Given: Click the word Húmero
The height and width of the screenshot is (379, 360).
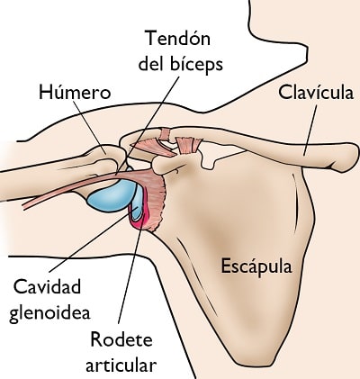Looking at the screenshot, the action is click(75, 92).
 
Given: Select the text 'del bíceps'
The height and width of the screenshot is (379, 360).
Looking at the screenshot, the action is click(180, 64).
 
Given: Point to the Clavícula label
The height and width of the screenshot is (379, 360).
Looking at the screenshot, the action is click(316, 92).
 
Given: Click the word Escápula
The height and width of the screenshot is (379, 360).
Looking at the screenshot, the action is click(256, 266).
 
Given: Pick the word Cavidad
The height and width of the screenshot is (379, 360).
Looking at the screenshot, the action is click(47, 286).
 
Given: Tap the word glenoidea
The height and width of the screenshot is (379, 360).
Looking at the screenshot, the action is click(49, 313).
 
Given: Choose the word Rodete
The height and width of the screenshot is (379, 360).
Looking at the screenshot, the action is click(121, 339).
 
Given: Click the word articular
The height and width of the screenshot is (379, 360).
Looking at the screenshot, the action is click(121, 365).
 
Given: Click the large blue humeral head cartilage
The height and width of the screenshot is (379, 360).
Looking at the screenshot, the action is click(112, 195).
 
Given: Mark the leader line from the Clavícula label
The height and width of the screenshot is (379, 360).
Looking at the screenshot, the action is click(310, 131).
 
